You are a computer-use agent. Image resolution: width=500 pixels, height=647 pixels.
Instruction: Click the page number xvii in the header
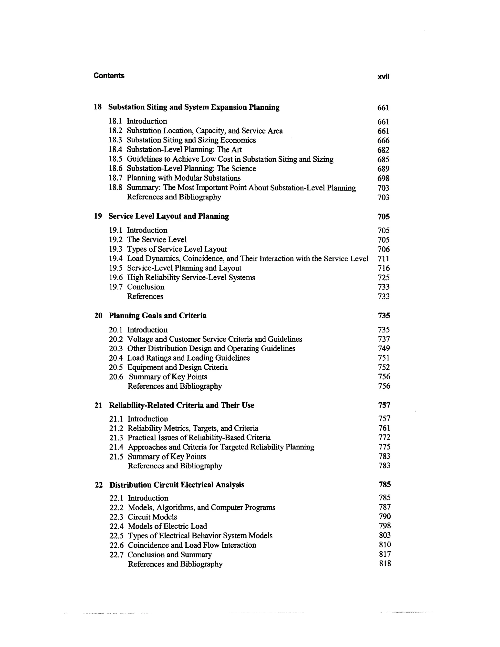(383, 77)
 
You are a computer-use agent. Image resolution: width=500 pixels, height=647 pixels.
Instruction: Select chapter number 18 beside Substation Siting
(98, 107)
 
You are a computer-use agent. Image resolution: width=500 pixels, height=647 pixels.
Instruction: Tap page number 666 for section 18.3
(383, 140)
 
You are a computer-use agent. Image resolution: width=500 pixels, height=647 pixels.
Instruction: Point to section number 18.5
(115, 159)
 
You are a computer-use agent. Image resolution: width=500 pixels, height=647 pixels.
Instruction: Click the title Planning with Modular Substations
(183, 178)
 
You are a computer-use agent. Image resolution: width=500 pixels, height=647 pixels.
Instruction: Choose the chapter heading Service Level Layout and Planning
(168, 216)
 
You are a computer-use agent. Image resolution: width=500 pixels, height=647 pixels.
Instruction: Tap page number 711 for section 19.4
(384, 259)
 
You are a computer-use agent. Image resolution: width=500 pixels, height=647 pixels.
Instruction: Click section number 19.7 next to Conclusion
(116, 287)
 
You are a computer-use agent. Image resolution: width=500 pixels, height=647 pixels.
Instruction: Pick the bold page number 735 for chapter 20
(384, 315)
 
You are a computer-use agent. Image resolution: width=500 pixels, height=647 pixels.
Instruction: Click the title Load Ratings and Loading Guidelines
(188, 358)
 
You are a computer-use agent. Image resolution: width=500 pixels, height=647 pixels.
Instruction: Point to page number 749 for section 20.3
(384, 348)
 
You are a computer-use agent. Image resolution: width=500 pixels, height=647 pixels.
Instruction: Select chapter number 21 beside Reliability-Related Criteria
(98, 405)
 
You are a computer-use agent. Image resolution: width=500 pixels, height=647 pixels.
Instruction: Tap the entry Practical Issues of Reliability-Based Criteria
(199, 438)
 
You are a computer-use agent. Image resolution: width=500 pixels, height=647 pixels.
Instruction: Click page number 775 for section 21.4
(384, 447)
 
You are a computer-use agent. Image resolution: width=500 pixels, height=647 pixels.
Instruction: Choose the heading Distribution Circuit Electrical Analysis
(177, 485)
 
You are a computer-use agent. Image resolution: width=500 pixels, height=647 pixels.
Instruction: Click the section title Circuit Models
(152, 517)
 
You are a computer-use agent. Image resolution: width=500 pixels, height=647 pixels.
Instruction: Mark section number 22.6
(116, 545)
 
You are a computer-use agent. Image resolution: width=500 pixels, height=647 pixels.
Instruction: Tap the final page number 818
(385, 564)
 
